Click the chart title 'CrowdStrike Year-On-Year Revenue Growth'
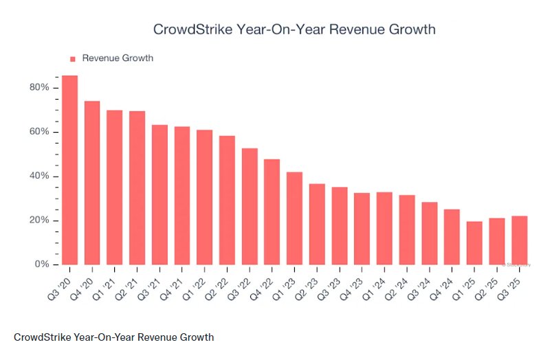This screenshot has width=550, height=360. (294, 30)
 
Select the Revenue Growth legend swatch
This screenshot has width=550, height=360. (73, 58)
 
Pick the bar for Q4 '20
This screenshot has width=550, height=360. (92, 183)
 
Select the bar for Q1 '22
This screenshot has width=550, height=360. (204, 197)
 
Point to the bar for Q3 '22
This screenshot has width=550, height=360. (250, 206)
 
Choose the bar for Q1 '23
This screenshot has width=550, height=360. (294, 218)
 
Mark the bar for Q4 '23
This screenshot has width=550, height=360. (362, 229)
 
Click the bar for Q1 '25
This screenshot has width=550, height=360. (474, 243)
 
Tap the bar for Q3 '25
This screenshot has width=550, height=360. (519, 240)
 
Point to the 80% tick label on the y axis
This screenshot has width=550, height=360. (39, 88)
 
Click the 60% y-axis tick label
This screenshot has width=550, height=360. (39, 132)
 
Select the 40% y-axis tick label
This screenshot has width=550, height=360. (39, 177)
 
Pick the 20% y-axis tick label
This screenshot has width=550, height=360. (39, 221)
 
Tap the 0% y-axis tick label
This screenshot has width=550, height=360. (42, 265)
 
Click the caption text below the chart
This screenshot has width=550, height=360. (113, 337)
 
